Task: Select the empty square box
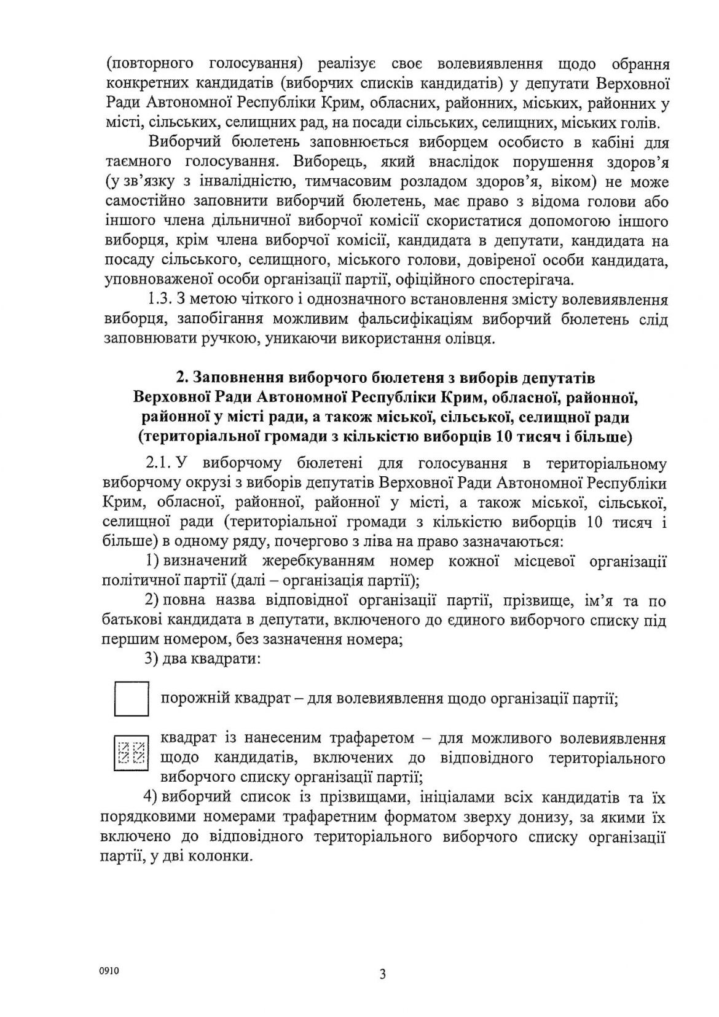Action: [x=132, y=699]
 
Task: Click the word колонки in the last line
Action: [x=226, y=857]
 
